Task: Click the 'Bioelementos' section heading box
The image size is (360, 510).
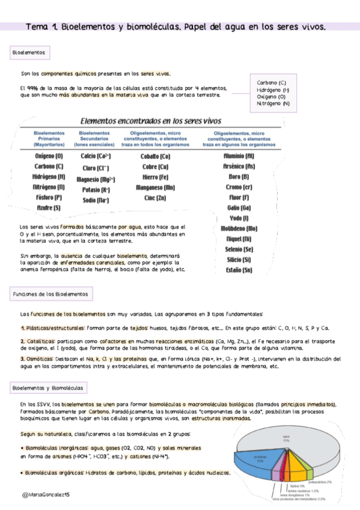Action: (29, 53)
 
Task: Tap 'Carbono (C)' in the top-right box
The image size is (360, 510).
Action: (271, 82)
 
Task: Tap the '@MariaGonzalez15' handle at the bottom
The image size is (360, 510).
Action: (46, 493)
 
